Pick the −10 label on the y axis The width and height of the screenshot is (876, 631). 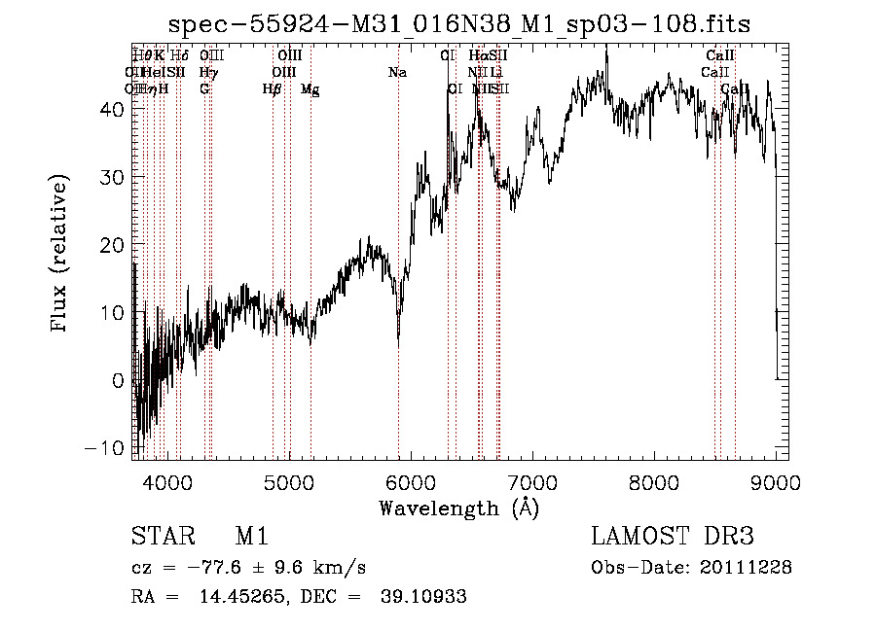(108, 448)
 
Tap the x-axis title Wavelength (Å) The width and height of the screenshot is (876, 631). (458, 508)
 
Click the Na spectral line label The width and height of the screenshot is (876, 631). (397, 72)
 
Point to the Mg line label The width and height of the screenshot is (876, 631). (310, 89)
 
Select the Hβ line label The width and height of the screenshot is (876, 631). (273, 89)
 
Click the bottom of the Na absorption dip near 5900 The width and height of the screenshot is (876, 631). (398, 344)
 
